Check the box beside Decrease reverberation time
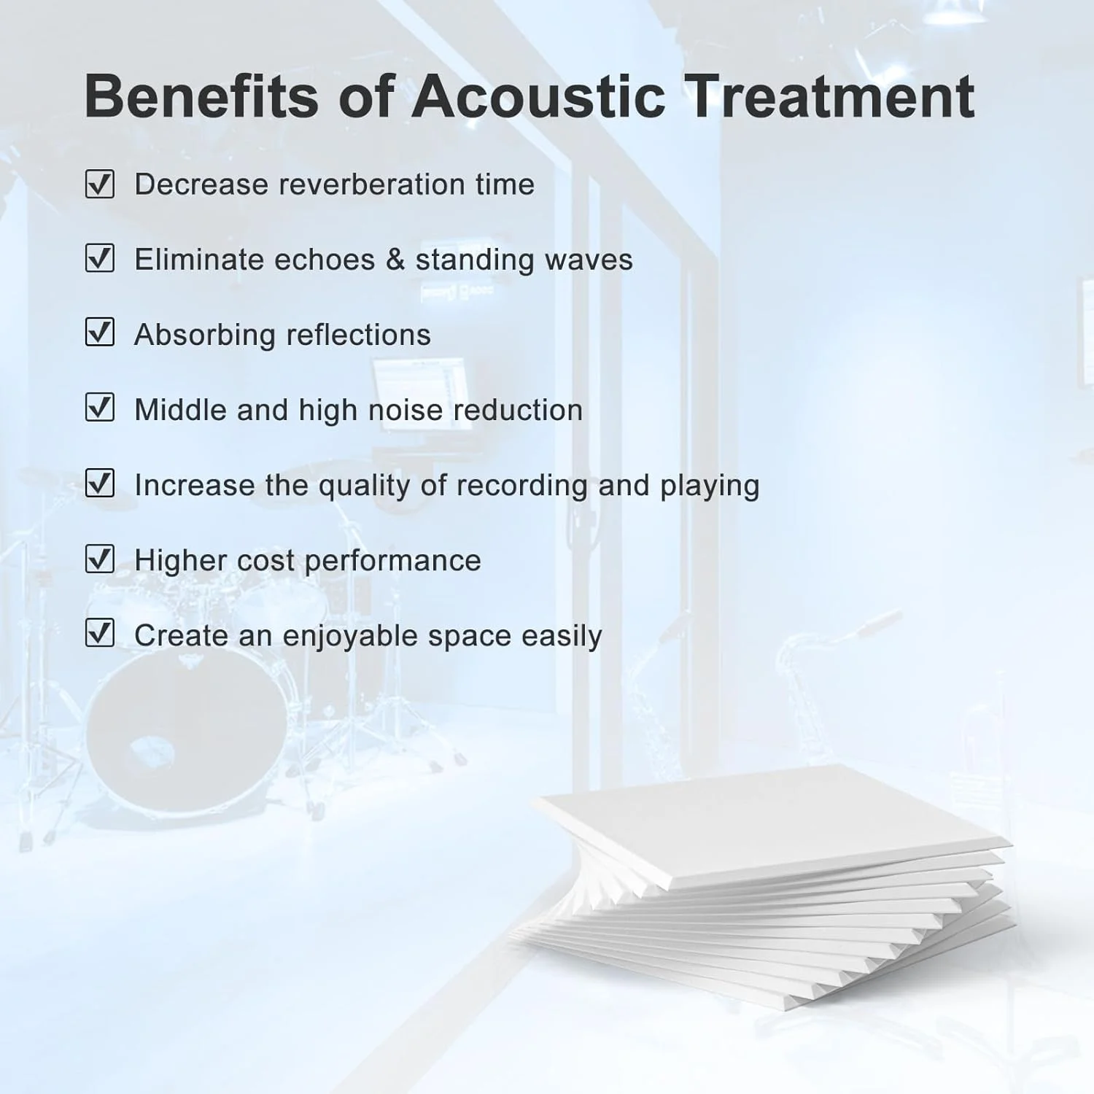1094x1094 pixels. tap(100, 184)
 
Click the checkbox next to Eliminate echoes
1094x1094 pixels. tap(100, 258)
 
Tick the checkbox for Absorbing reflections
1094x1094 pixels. tap(100, 333)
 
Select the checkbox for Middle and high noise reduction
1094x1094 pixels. tap(100, 408)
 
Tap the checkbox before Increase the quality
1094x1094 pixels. tap(100, 483)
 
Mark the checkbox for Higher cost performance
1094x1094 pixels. tap(100, 559)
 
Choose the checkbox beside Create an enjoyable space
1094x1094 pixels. tap(100, 633)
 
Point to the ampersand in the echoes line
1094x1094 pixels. tap(395, 260)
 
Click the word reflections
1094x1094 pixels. tap(358, 335)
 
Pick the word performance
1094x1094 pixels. tap(392, 562)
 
